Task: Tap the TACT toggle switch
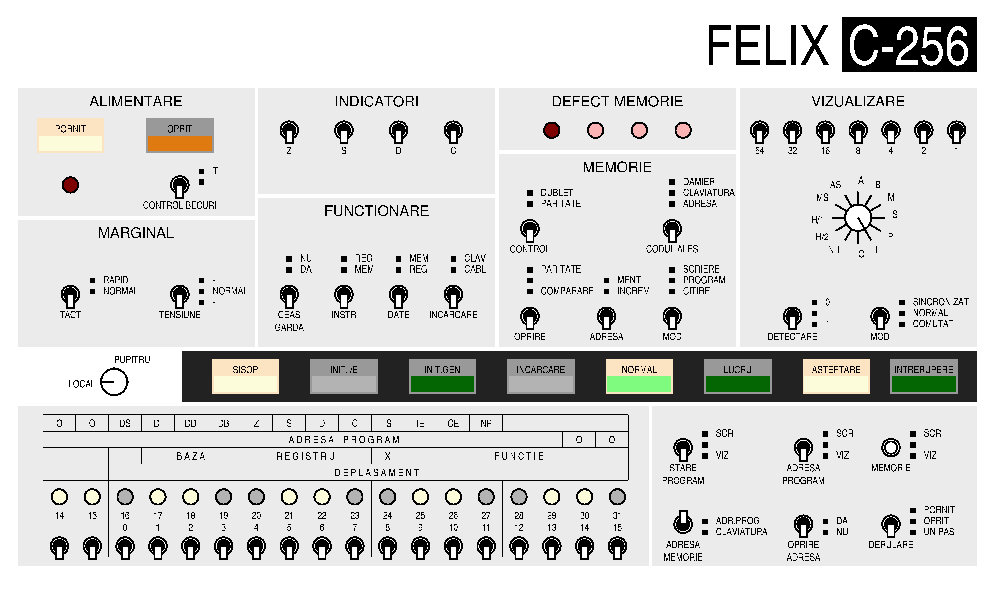[x=70, y=296]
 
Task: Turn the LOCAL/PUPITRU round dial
[x=114, y=382]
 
